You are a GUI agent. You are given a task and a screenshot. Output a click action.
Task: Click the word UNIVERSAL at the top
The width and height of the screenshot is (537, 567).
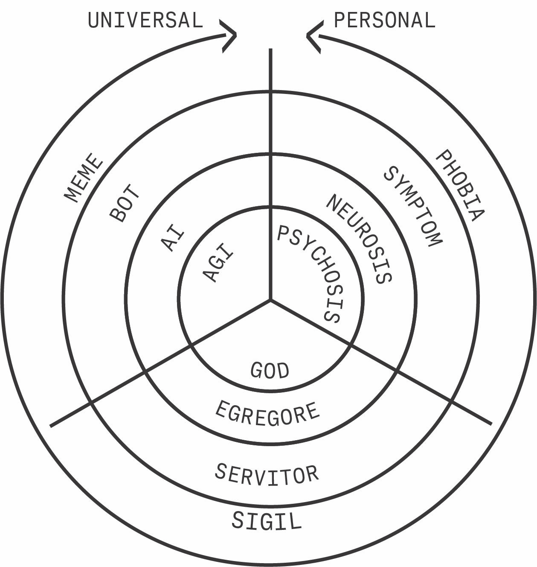(x=145, y=20)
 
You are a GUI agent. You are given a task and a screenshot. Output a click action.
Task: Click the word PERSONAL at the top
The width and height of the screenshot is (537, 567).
(x=384, y=20)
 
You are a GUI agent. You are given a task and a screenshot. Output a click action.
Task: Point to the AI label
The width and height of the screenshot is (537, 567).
(x=173, y=240)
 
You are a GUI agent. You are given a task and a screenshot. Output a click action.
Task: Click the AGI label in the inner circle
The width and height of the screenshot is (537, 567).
(x=218, y=262)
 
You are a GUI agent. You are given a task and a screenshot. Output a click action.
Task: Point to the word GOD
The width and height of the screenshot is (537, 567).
(x=270, y=371)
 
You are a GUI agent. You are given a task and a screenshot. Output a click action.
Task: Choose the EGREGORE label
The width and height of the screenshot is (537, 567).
(x=267, y=414)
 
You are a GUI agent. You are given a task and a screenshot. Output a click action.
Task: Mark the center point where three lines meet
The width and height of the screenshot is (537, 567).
(x=270, y=300)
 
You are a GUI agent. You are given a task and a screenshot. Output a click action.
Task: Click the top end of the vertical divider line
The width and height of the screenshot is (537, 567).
(x=270, y=50)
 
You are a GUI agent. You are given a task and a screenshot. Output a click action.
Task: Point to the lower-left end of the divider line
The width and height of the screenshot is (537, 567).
(x=51, y=425)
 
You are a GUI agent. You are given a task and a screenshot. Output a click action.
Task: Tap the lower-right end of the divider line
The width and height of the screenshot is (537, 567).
(x=491, y=424)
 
